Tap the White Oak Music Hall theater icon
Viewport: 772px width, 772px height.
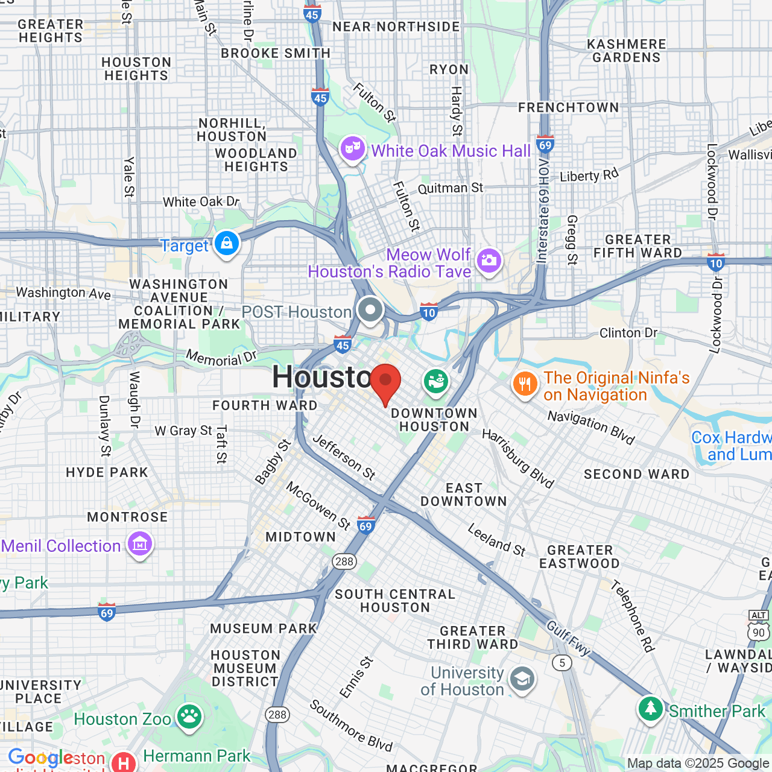353,148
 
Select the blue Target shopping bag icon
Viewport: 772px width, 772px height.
227,244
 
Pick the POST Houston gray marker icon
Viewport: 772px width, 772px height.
370,311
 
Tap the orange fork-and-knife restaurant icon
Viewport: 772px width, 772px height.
525,384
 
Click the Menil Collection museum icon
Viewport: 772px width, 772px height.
140,544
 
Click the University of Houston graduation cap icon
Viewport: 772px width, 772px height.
522,680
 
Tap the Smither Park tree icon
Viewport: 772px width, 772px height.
650,709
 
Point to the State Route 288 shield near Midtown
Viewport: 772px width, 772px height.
344,562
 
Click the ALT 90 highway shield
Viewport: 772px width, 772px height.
759,627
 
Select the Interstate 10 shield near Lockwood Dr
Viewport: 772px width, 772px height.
716,262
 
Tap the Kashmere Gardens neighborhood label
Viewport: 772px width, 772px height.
627,51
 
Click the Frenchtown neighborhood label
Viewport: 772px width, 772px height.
568,107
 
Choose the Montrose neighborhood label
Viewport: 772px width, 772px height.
127,517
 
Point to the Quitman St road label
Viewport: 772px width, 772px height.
450,188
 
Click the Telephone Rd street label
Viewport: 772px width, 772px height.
632,616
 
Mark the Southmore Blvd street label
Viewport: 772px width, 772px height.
351,726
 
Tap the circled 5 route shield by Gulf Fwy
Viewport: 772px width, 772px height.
562,663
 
